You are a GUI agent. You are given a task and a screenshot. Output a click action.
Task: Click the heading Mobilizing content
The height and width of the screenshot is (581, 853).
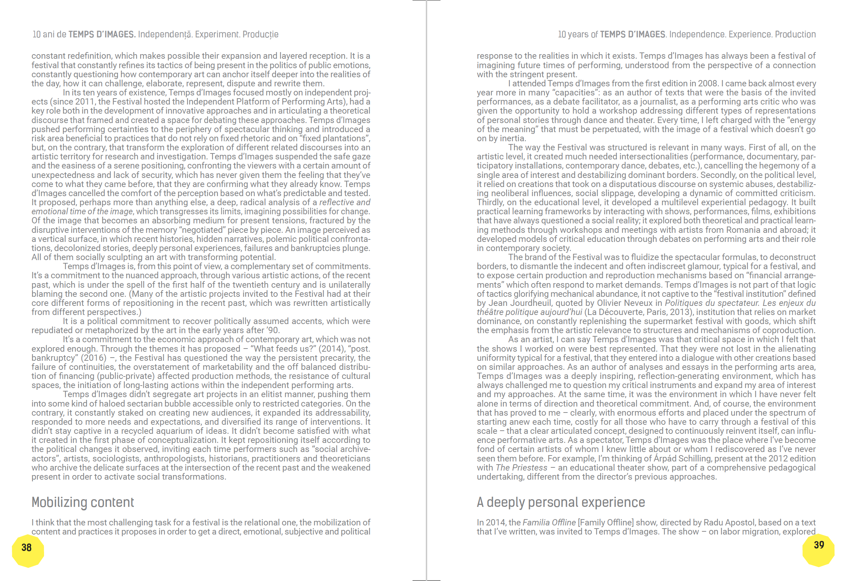coord(83,502)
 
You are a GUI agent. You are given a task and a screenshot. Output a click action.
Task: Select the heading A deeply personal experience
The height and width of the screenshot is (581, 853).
coord(560,502)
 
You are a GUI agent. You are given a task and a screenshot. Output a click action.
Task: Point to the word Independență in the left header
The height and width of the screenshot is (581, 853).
coord(165,35)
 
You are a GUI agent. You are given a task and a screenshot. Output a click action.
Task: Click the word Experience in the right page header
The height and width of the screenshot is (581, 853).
coord(750,35)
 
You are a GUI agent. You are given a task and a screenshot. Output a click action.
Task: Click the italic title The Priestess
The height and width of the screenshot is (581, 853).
coord(521,468)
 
